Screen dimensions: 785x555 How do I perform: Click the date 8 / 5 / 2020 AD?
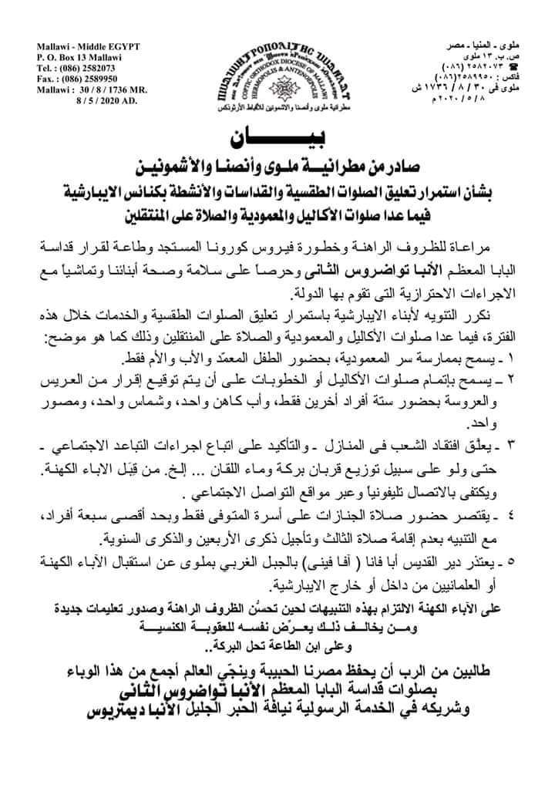click(x=114, y=99)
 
